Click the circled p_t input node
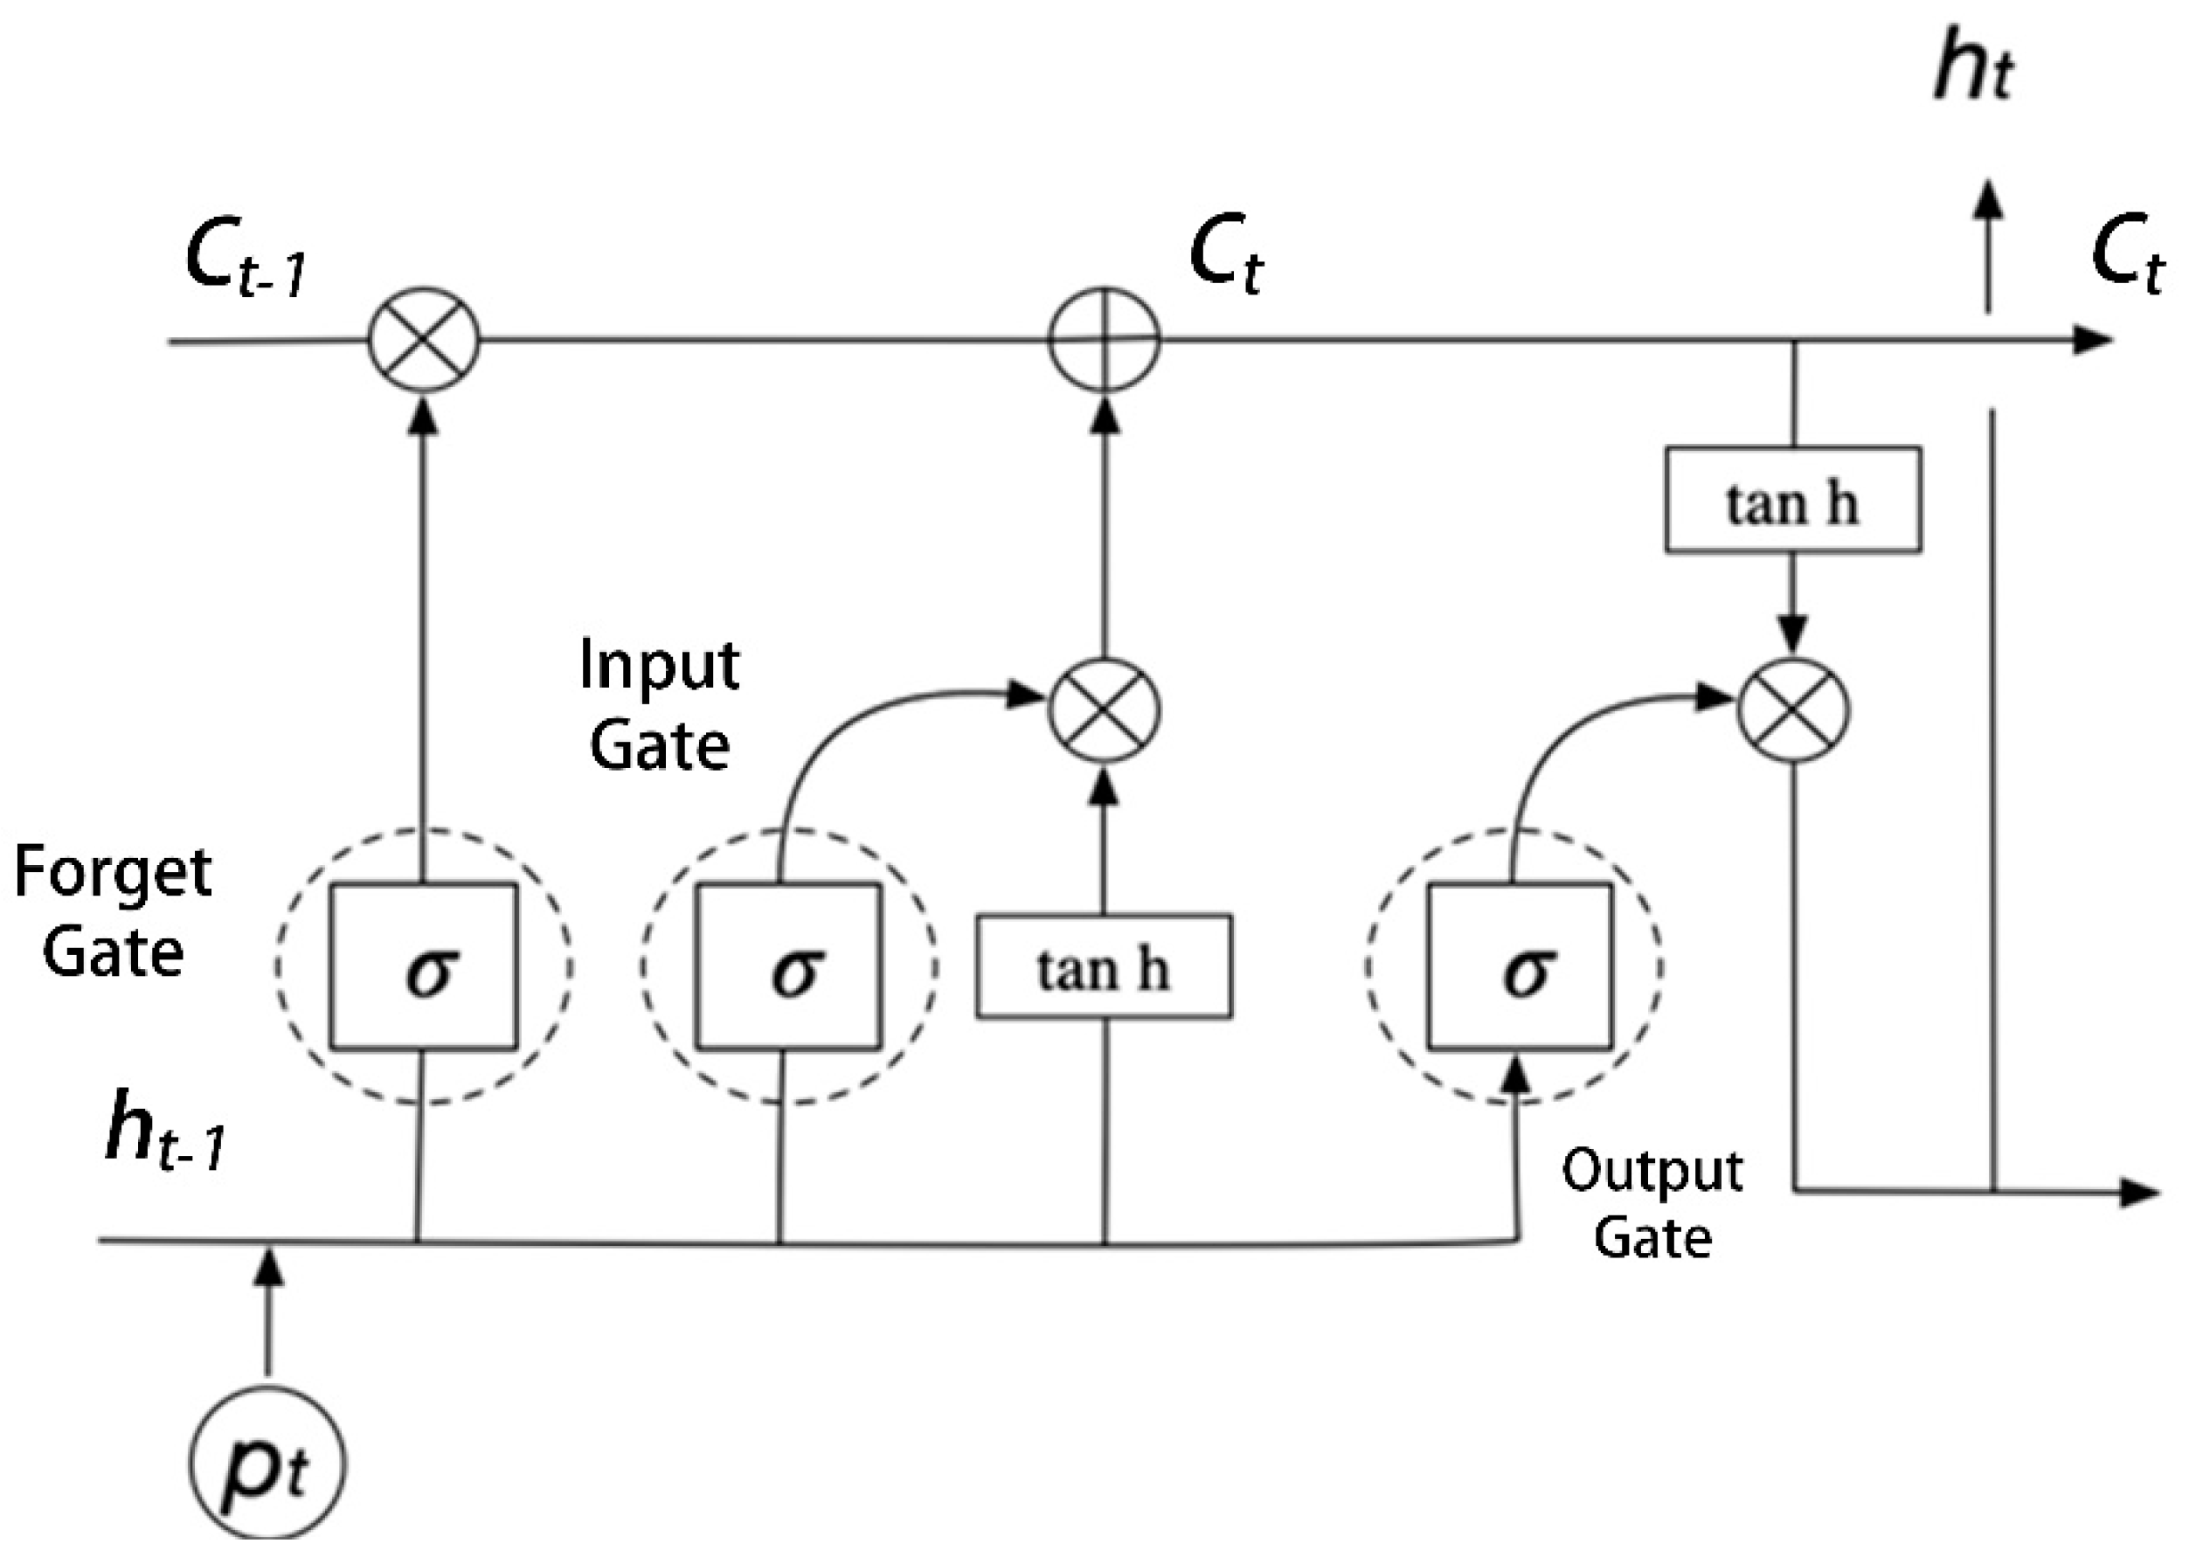coord(267,1463)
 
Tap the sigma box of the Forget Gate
coord(424,966)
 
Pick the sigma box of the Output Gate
coord(1519,966)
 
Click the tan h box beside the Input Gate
coord(1104,966)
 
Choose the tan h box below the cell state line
coord(1792,499)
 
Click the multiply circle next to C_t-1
coord(424,339)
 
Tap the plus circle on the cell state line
coord(1104,339)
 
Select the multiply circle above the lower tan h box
coord(1104,709)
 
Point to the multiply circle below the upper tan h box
coord(1792,709)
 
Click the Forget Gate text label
coord(113,910)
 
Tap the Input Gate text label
coord(660,705)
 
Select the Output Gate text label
coord(1652,1203)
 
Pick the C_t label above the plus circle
coord(1225,254)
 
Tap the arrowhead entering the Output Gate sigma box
coord(1517,1071)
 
